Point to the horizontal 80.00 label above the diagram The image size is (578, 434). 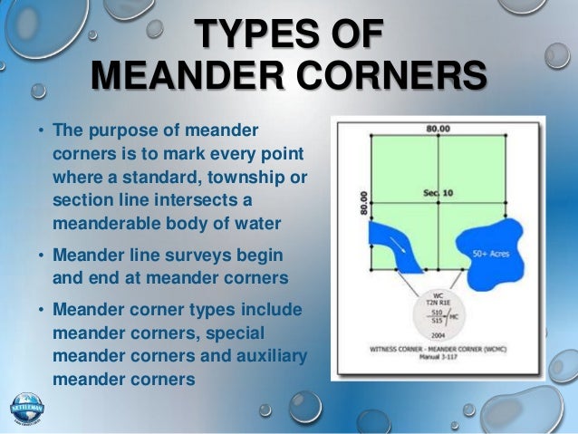pyautogui.click(x=438, y=130)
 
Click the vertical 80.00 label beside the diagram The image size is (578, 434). pyautogui.click(x=363, y=204)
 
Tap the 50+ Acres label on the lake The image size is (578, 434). pyautogui.click(x=493, y=255)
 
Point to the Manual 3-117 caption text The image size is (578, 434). pyautogui.click(x=438, y=356)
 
